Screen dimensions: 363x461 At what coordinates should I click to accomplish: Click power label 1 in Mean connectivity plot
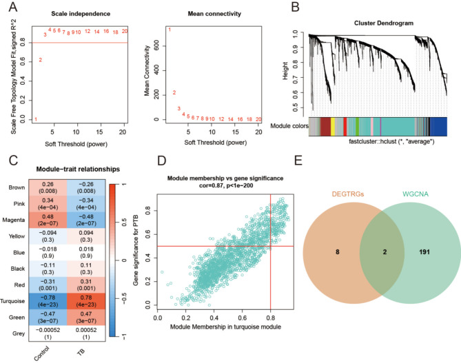pyautogui.click(x=170, y=30)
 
